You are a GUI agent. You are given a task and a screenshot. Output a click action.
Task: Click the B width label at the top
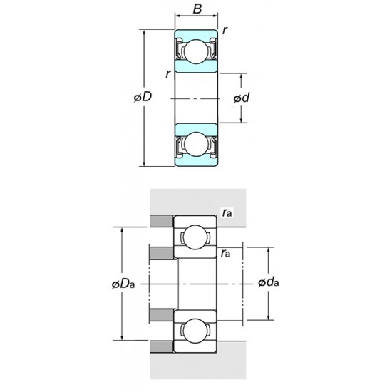coord(196,11)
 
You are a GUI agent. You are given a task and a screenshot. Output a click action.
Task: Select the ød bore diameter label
coord(241,97)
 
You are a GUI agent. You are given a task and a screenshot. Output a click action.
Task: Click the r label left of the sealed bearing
coord(167,73)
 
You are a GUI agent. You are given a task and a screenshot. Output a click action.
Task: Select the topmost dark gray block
coord(161,221)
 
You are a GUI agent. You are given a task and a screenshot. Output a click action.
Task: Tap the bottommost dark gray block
coord(161,346)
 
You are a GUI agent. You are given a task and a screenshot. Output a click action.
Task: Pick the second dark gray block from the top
coord(161,253)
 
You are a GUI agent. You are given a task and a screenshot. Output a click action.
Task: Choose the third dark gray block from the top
coord(161,315)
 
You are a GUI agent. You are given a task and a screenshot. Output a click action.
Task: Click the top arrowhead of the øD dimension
coord(145,32)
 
